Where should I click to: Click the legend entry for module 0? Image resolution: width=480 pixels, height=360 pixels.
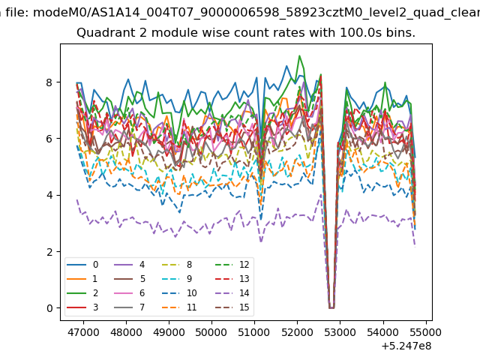[82, 265]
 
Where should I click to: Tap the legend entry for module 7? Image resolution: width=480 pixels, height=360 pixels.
[129, 307]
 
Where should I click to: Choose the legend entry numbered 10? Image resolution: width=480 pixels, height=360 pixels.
[180, 293]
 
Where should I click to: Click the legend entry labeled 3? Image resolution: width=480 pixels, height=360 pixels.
[82, 307]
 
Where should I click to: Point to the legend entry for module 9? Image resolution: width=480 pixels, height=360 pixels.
[177, 278]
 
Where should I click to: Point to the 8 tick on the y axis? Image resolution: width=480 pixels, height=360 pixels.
[49, 82]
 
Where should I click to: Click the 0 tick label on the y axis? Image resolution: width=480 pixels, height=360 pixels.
[49, 308]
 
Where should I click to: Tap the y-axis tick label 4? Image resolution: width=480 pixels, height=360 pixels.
[49, 195]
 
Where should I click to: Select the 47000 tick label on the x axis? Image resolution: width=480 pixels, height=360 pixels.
[83, 332]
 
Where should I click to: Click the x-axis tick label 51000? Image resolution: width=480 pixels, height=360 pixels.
[254, 332]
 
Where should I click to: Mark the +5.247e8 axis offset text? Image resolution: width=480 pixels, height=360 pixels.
[406, 346]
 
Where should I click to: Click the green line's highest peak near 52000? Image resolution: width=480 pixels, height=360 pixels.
[299, 55]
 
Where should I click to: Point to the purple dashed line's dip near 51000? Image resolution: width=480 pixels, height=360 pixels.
[261, 241]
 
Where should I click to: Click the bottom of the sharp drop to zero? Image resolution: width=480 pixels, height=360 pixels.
[331, 307]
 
